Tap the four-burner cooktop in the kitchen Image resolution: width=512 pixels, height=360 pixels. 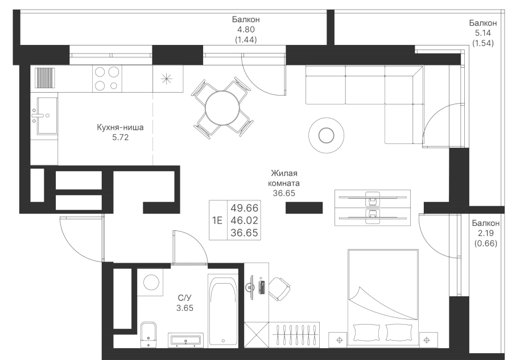pos(107,78)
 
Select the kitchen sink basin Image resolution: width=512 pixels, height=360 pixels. pos(46,115)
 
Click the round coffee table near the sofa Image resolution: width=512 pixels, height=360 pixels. pos(326,135)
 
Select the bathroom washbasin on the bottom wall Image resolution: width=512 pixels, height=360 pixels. pos(185,340)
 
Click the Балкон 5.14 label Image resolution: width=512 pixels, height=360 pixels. pos(483,33)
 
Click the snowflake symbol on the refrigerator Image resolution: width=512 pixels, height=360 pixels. pos(167,78)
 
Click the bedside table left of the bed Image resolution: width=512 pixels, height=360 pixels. pos(340,340)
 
